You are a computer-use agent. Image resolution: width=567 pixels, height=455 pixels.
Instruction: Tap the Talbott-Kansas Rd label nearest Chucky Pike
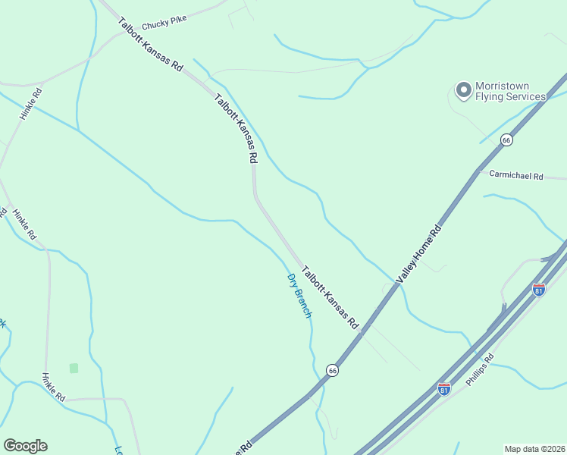pyautogui.click(x=151, y=45)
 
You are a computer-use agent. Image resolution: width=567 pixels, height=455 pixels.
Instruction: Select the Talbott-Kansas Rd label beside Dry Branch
pyautogui.click(x=330, y=297)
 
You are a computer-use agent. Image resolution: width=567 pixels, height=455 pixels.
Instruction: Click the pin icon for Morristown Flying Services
pyautogui.click(x=463, y=91)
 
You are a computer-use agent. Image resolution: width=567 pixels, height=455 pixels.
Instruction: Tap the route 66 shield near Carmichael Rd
pyautogui.click(x=506, y=140)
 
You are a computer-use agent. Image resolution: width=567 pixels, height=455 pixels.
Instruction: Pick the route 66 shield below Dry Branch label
pyautogui.click(x=332, y=369)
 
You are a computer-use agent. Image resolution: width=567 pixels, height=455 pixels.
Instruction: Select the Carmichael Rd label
pyautogui.click(x=516, y=176)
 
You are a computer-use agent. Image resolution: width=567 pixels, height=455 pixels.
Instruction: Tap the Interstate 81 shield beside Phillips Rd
pyautogui.click(x=444, y=389)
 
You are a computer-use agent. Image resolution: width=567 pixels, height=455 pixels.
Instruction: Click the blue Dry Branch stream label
pyautogui.click(x=299, y=295)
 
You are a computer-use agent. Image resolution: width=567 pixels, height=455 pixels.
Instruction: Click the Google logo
pyautogui.click(x=25, y=446)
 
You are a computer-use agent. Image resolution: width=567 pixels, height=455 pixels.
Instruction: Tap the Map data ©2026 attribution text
pyautogui.click(x=535, y=449)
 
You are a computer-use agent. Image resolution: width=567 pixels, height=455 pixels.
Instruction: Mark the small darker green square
pyautogui.click(x=74, y=368)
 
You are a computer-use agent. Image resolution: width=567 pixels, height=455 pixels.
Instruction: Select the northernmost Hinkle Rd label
pyautogui.click(x=31, y=104)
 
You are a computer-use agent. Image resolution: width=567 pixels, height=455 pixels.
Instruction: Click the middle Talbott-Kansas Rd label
pyautogui.click(x=237, y=128)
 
